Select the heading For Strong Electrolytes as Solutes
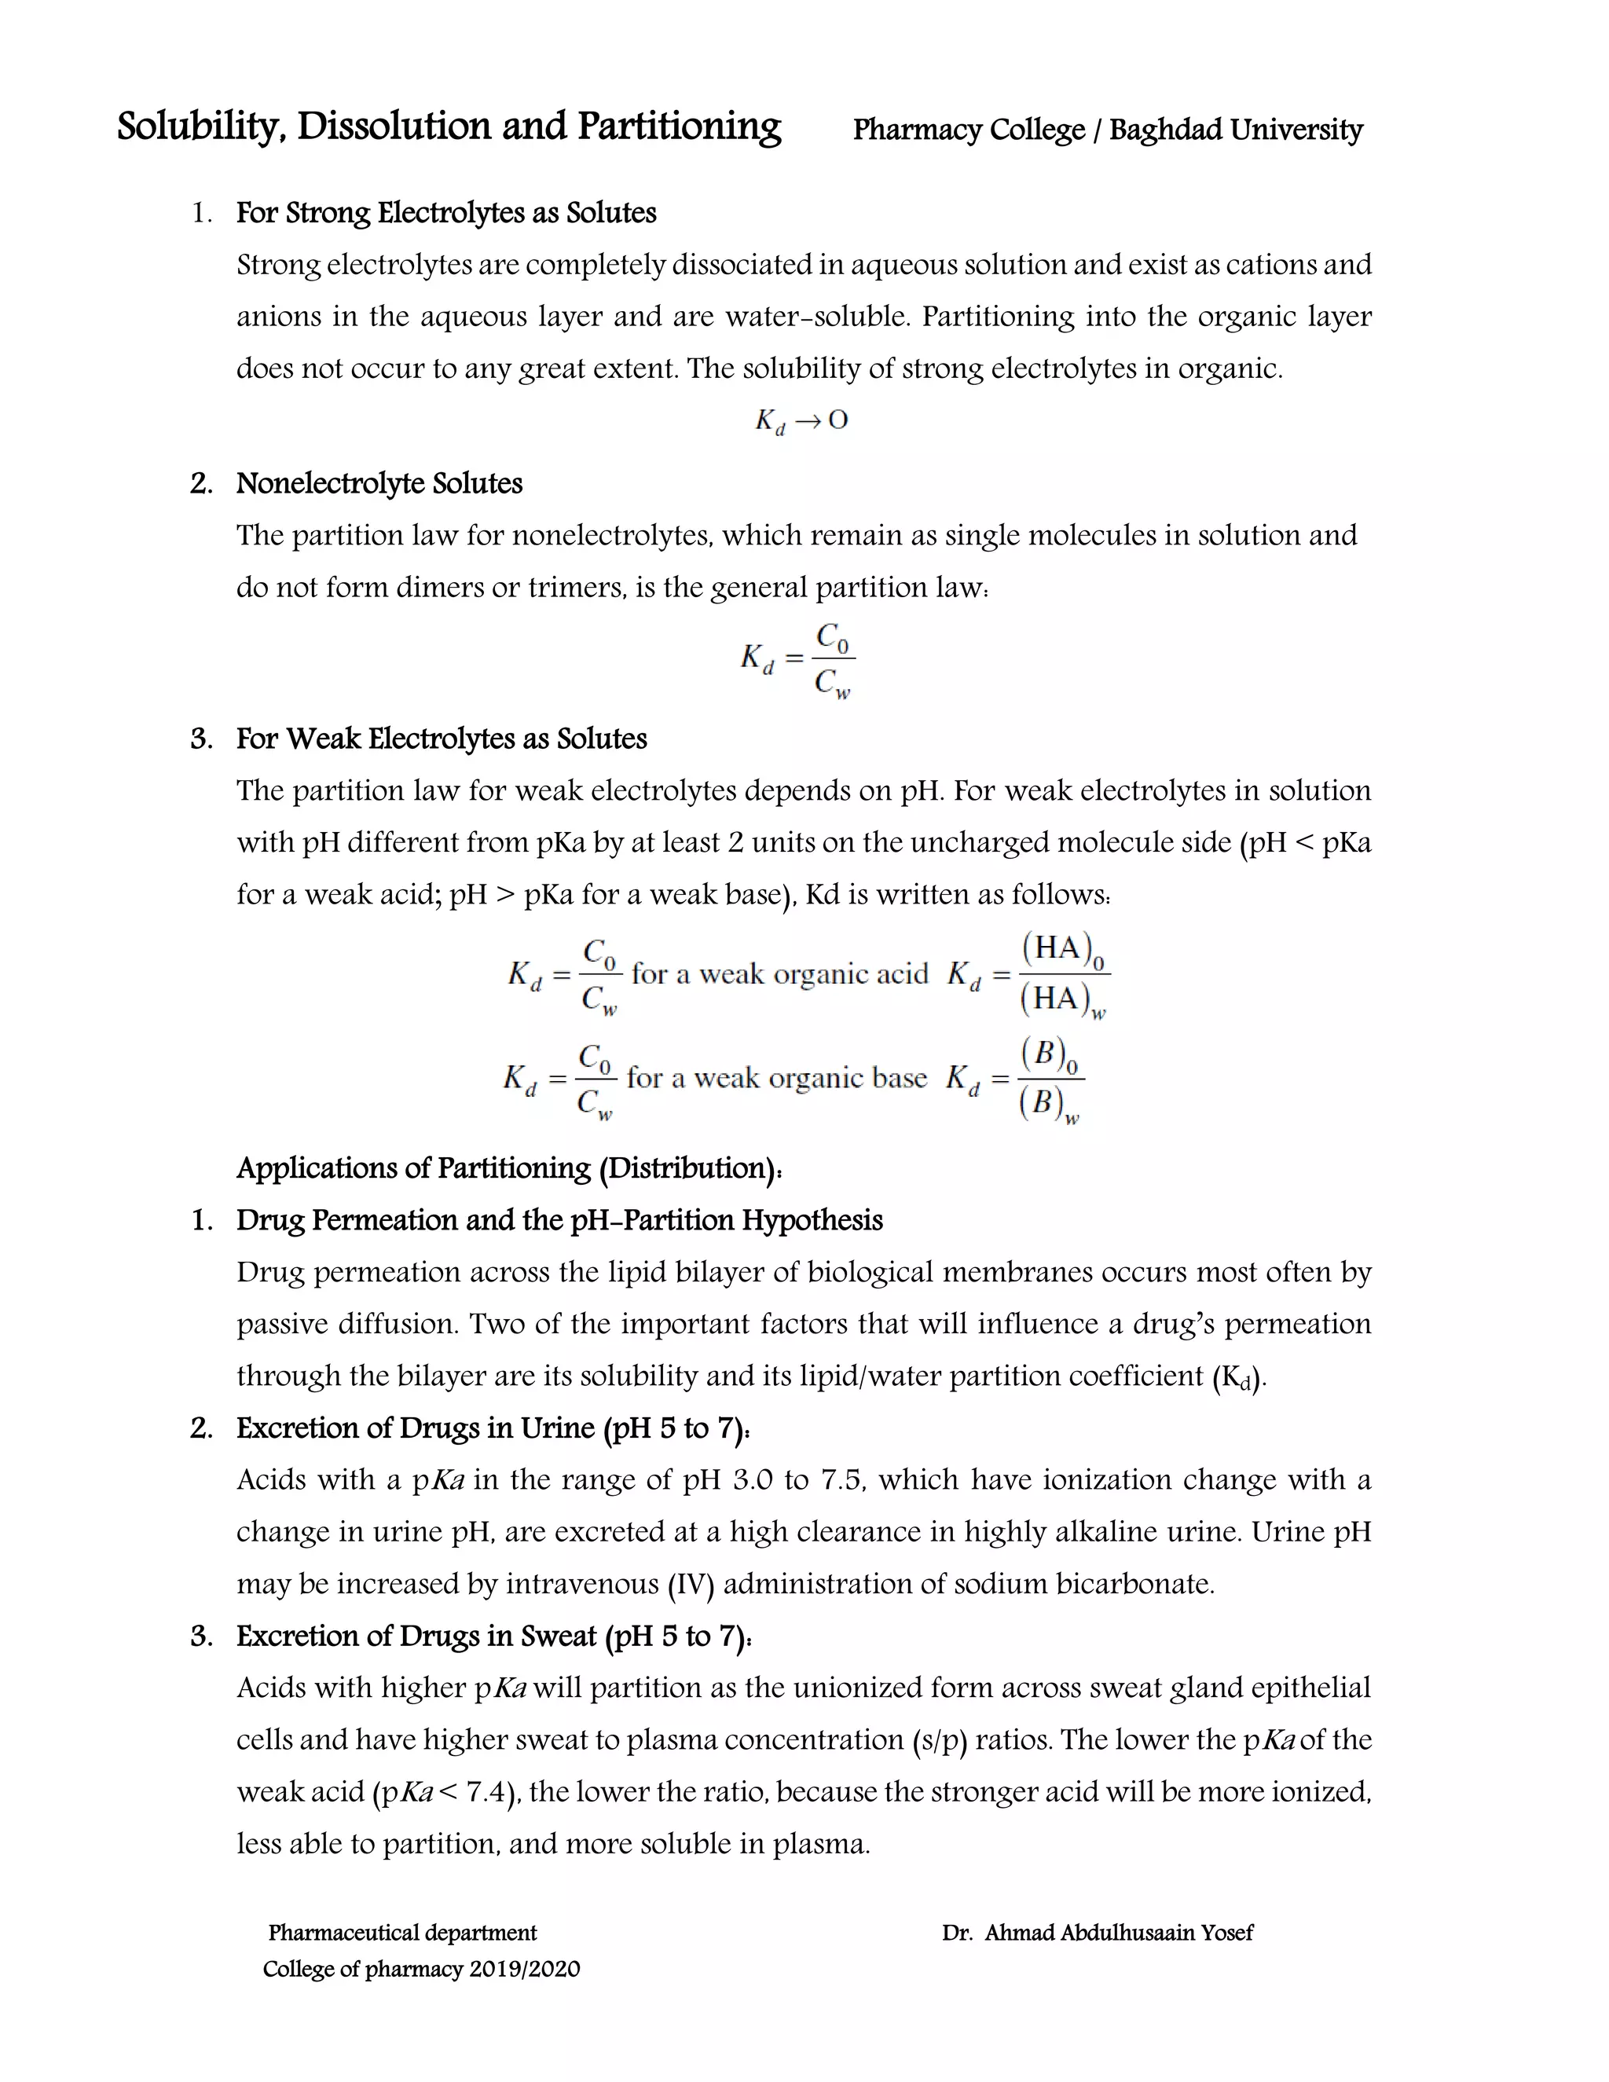[446, 213]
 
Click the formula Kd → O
[801, 420]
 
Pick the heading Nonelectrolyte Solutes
[379, 483]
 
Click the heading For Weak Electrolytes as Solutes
[442, 739]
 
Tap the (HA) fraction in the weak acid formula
[1063, 973]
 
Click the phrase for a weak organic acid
[779, 974]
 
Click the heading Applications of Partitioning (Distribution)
[509, 1167]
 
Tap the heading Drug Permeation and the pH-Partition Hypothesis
[559, 1220]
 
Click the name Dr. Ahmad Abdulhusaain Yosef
[1097, 1933]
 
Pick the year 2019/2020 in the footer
[524, 1970]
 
